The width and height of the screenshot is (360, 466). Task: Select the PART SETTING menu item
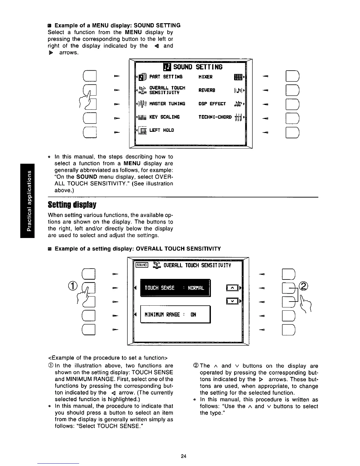166,77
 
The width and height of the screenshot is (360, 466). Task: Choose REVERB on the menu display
207,90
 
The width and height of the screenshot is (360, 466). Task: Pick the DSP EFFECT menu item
212,104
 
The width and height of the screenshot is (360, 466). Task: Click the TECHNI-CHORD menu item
215,117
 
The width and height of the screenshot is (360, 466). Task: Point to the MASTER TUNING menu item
167,104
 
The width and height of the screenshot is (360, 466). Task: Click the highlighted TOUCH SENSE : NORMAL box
174,288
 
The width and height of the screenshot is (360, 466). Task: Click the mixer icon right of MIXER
238,77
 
